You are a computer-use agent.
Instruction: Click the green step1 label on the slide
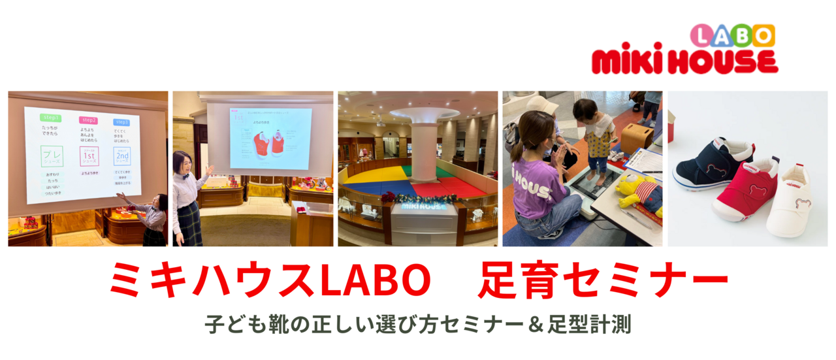[x=50, y=118]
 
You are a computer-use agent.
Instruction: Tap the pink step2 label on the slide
[x=88, y=120]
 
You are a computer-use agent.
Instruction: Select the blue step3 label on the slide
[x=121, y=122]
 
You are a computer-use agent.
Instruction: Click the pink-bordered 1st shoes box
[x=89, y=157]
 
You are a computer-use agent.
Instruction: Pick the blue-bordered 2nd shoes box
[x=122, y=156]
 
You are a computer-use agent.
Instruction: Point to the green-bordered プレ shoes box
[x=51, y=157]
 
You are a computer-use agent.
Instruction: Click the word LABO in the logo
[x=732, y=35]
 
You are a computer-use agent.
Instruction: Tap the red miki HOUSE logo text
[x=684, y=61]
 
